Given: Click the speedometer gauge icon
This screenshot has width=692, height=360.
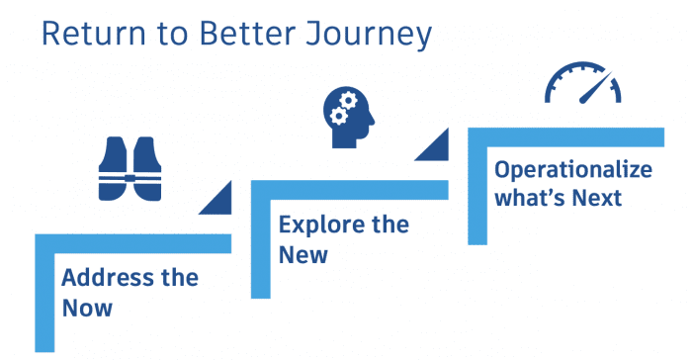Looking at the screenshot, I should click(583, 83).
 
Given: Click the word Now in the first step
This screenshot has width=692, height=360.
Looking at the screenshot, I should click(87, 308).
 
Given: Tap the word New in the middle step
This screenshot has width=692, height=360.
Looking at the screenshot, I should click(303, 255).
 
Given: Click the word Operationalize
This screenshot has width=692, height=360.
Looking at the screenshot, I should click(573, 169).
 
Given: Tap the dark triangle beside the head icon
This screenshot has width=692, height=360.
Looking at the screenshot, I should click(433, 149).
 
